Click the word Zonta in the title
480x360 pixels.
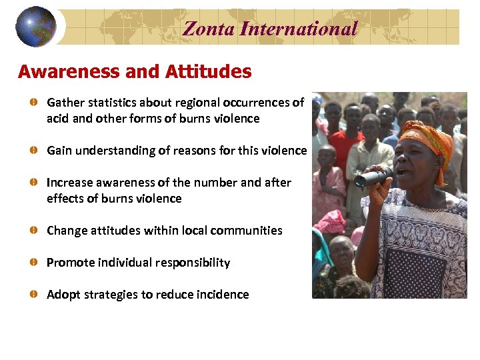point(208,28)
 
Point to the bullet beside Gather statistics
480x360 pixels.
point(33,103)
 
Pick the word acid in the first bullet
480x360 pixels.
point(58,119)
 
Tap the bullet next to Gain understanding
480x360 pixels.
point(33,151)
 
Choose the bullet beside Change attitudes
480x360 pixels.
point(33,231)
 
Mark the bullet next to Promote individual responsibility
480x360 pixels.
point(33,263)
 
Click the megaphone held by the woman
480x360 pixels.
point(373,177)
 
